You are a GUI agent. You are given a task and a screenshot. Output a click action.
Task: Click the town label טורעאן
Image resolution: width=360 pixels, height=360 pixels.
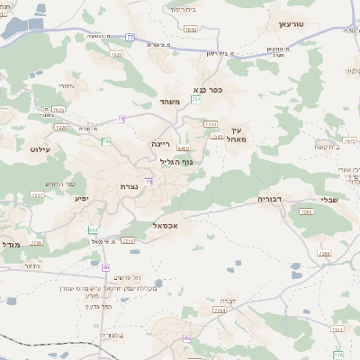coord(293,25)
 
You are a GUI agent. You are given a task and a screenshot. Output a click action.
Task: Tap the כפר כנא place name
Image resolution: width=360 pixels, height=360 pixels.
coord(207,90)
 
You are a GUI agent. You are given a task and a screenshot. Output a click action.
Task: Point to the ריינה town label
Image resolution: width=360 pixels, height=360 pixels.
coord(160,144)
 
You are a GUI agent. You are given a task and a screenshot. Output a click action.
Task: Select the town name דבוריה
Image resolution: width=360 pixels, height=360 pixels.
coord(270,199)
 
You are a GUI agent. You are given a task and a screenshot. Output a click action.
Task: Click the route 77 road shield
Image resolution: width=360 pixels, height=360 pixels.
coord(130,37)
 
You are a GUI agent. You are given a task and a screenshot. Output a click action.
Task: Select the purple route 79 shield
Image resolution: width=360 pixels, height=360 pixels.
coord(120,119)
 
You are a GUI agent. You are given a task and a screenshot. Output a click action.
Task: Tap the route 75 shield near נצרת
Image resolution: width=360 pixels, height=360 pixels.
coord(148,182)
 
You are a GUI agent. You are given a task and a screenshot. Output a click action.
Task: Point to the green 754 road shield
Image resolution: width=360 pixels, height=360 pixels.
coord(195,112)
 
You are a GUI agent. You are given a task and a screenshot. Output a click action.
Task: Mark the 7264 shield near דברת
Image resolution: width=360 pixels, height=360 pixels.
coord(219,310)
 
